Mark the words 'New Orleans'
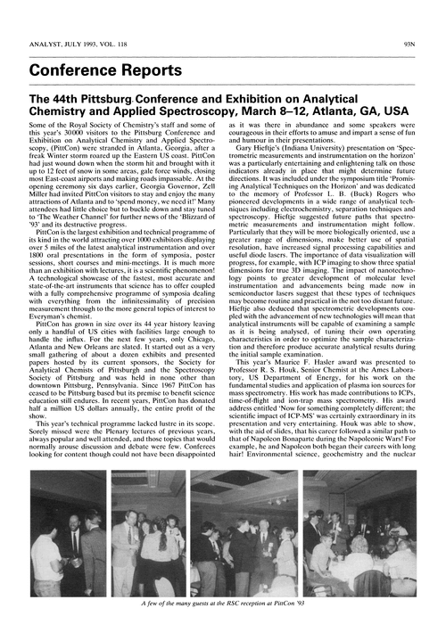click(95, 345)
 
